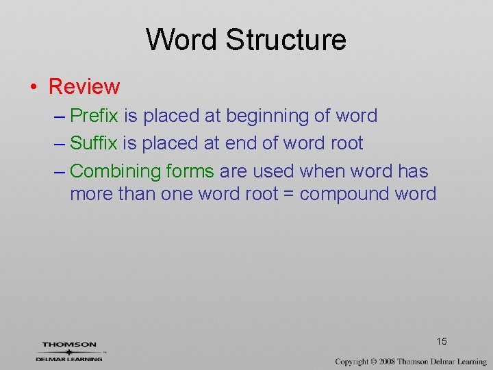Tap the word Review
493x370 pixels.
tap(84, 87)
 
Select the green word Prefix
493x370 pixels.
tap(94, 116)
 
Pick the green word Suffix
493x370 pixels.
tap(94, 143)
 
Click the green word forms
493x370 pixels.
tap(190, 171)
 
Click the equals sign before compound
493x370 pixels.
tap(288, 194)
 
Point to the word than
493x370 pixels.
tap(137, 194)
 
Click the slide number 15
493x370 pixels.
tap(441, 341)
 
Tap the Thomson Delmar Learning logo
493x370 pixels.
tap(69, 351)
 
